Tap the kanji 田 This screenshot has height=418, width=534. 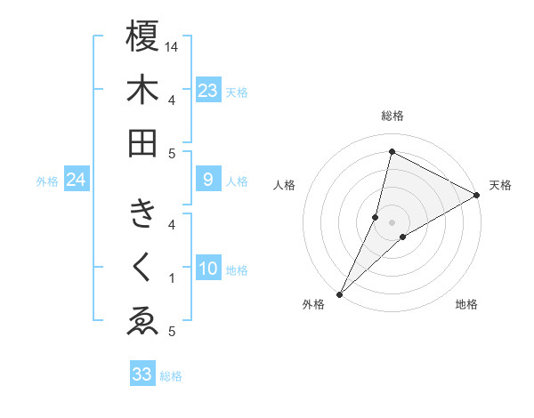(x=142, y=142)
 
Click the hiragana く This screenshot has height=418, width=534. (x=142, y=269)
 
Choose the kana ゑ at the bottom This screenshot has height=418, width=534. (x=142, y=321)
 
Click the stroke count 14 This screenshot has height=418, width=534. (x=173, y=46)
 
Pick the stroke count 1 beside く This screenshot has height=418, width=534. (x=172, y=278)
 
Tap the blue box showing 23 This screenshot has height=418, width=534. (x=207, y=91)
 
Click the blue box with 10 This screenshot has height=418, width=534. (x=207, y=269)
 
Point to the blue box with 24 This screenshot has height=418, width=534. (x=76, y=181)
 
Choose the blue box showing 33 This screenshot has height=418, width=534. (x=142, y=374)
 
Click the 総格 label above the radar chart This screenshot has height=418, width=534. (x=392, y=117)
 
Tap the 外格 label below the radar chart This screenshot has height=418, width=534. (x=313, y=305)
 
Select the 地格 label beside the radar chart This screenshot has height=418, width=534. (x=466, y=305)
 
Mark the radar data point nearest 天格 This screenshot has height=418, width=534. (x=477, y=195)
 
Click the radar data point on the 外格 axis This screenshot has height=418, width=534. (x=339, y=294)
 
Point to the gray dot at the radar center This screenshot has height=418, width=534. (x=392, y=222)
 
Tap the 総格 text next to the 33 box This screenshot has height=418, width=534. (x=171, y=375)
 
